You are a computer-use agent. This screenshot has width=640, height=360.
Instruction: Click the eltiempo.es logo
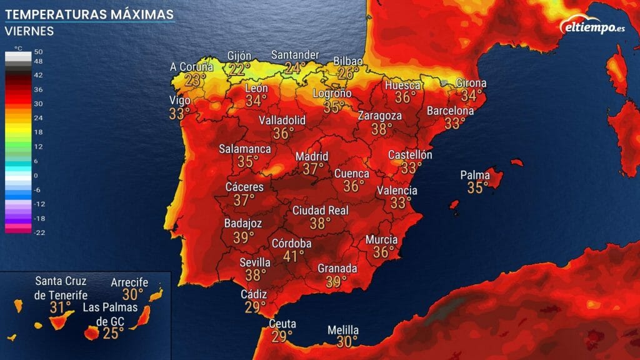pyautogui.click(x=594, y=27)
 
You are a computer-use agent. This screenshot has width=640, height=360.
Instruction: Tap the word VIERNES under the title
pyautogui.click(x=29, y=31)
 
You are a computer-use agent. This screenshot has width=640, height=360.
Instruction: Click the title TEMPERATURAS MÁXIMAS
pyautogui.click(x=89, y=14)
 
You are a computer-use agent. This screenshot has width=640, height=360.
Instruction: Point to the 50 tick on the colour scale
pyautogui.click(x=38, y=52)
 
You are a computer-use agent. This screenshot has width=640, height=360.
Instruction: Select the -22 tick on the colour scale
pyautogui.click(x=38, y=232)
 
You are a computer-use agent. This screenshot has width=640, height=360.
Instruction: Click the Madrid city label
pyautogui.click(x=311, y=156)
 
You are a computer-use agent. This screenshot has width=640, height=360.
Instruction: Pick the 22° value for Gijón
pyautogui.click(x=238, y=69)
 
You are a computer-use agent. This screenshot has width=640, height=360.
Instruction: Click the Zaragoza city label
pyautogui.click(x=379, y=116)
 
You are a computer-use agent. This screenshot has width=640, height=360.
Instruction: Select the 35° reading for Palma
pyautogui.click(x=477, y=187)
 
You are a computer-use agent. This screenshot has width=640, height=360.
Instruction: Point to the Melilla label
pyautogui.click(x=343, y=330)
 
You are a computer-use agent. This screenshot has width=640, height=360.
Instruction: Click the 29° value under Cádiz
pyautogui.click(x=254, y=307)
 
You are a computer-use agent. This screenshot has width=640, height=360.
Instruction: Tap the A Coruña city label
pyautogui.click(x=192, y=67)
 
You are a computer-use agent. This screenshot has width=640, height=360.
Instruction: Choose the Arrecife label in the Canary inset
pyautogui.click(x=129, y=282)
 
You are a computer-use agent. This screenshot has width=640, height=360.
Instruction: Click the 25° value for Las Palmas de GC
pyautogui.click(x=114, y=333)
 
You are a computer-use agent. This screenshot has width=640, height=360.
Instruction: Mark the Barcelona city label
pyautogui.click(x=450, y=111)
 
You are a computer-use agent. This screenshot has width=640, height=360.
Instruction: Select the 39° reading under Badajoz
pyautogui.click(x=243, y=237)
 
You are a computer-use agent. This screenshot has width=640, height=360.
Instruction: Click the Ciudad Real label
pyautogui.click(x=321, y=211)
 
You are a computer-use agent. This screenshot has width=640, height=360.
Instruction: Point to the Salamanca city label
pyautogui.click(x=245, y=149)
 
